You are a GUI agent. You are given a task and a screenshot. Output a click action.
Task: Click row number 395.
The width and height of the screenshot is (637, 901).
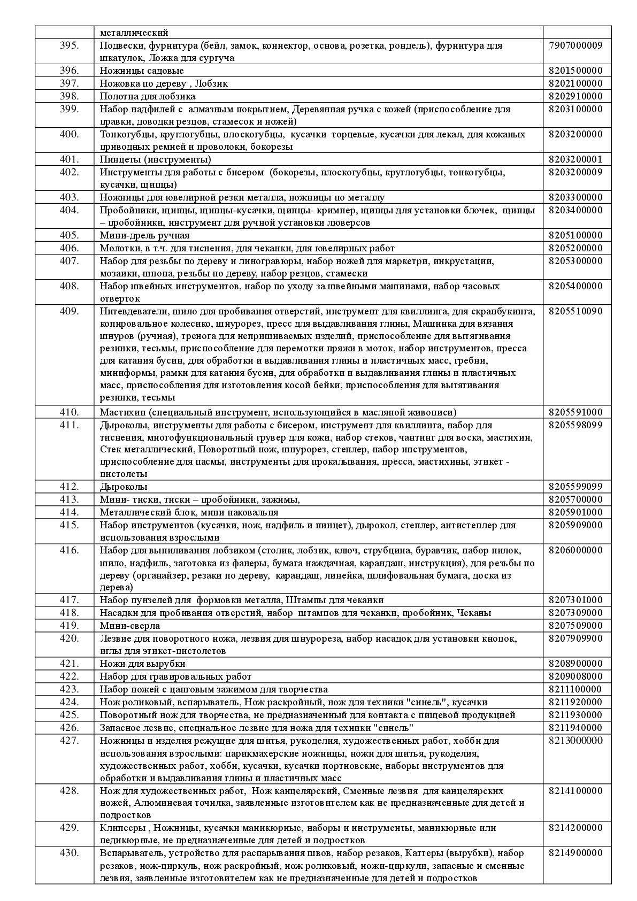(x=70, y=46)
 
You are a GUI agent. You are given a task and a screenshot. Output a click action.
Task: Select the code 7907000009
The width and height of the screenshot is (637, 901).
(x=575, y=46)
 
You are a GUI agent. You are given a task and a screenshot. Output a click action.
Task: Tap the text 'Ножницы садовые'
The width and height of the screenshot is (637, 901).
(x=141, y=71)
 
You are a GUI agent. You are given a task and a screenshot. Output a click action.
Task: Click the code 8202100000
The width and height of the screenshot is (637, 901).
(x=575, y=83)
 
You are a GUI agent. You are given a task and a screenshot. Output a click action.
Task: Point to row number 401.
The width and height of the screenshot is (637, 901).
(x=70, y=159)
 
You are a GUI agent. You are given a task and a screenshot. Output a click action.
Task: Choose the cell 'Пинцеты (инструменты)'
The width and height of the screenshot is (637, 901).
(x=155, y=159)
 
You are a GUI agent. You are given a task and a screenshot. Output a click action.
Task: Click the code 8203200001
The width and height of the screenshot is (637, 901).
(x=575, y=159)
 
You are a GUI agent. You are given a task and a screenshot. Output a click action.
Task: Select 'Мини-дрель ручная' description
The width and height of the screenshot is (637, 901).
(x=144, y=235)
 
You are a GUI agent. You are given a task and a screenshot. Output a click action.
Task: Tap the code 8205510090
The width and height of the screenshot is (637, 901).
(x=575, y=311)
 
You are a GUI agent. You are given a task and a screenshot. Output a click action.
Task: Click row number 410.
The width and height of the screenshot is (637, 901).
(x=70, y=412)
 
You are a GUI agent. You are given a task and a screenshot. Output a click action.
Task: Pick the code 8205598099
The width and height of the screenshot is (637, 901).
(x=575, y=425)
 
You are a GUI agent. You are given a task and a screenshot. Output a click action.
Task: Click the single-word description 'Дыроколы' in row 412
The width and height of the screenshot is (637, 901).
(x=124, y=487)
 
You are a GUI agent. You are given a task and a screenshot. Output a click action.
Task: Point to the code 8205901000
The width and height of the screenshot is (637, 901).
(x=575, y=512)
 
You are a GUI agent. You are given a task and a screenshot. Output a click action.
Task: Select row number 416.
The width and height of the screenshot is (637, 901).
(x=70, y=550)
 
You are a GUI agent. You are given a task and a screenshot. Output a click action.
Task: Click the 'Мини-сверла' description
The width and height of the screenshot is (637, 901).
(x=130, y=626)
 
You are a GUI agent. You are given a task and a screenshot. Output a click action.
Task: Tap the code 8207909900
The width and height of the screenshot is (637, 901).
(x=575, y=638)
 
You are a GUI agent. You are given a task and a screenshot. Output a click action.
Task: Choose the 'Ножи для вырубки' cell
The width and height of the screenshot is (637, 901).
(x=142, y=664)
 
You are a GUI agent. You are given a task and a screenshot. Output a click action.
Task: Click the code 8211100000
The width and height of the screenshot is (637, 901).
(x=575, y=689)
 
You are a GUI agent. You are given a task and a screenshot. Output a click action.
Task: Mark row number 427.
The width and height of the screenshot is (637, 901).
(x=70, y=741)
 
